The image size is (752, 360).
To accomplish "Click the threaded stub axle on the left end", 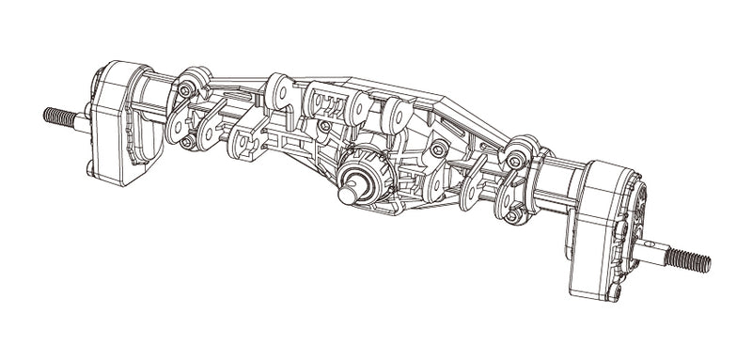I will click(59, 117).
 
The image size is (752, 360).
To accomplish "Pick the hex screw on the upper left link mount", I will click(186, 90).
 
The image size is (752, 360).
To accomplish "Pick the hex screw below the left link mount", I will click(187, 141).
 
